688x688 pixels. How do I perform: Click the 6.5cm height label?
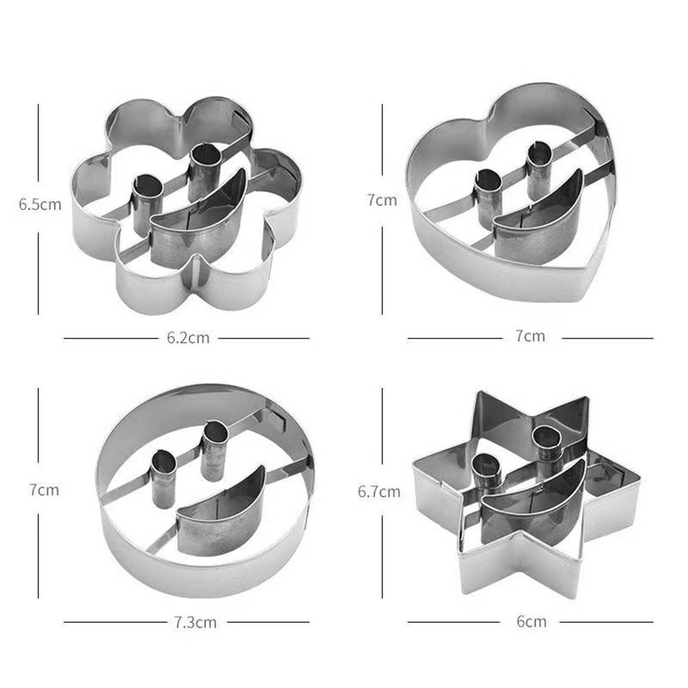tap(40, 205)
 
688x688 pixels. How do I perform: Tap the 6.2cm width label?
tap(188, 338)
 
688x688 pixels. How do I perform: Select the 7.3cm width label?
tap(195, 622)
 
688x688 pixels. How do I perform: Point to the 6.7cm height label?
tap(379, 492)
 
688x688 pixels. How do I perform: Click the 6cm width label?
tap(531, 621)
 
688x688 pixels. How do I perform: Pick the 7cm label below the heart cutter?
tap(530, 336)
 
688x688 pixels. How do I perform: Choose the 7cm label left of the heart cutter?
tap(382, 200)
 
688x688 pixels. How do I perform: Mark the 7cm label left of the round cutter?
tap(44, 490)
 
